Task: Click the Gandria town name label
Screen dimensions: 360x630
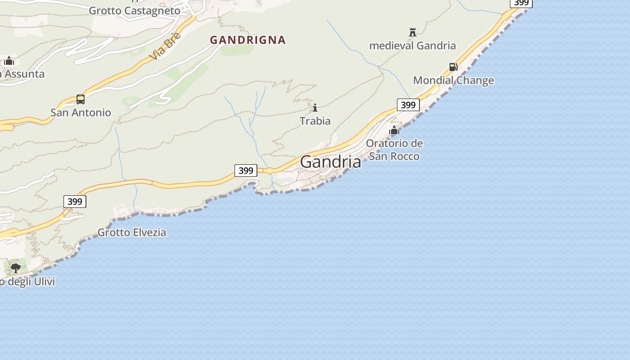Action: click(x=330, y=162)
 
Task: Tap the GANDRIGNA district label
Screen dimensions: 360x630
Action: click(x=247, y=40)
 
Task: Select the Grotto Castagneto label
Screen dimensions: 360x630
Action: click(x=135, y=10)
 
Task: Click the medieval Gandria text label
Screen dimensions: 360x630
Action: click(x=412, y=45)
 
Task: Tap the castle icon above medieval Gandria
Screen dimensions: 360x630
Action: click(x=412, y=32)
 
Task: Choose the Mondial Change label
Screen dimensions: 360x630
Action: click(x=453, y=81)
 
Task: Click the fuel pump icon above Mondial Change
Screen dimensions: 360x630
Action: click(x=453, y=67)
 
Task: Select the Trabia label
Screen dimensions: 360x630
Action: click(x=315, y=121)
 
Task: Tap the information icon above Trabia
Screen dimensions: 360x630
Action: click(x=315, y=108)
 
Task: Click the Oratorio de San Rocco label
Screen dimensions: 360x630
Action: click(x=394, y=150)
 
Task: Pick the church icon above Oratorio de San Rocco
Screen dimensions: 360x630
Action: click(x=394, y=130)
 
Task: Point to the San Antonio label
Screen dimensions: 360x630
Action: click(x=81, y=112)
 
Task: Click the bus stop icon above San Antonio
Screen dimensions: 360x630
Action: click(x=81, y=99)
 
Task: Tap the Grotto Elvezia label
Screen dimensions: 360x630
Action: click(x=132, y=232)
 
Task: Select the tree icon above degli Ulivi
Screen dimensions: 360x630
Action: click(x=16, y=268)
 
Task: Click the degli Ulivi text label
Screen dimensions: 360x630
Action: click(x=28, y=282)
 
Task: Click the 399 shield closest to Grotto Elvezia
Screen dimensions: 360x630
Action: click(x=75, y=201)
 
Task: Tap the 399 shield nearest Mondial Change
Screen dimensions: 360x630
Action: click(x=408, y=105)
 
